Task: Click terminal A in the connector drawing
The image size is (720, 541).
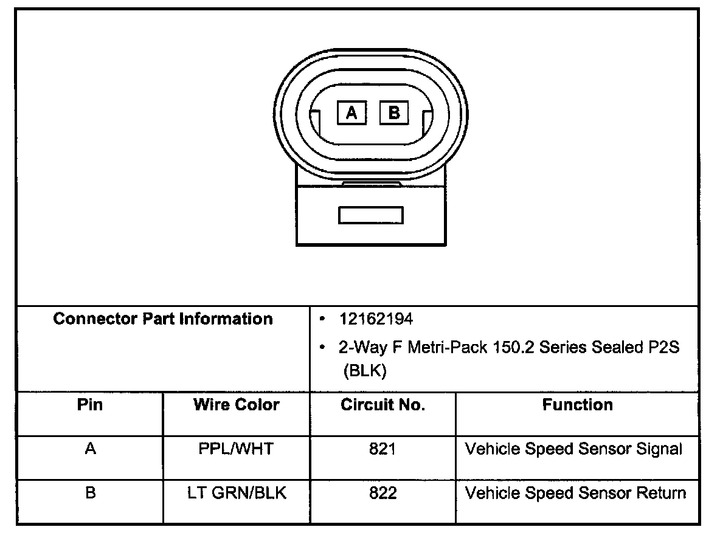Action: pos(352,112)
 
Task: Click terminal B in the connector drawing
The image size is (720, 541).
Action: pos(394,112)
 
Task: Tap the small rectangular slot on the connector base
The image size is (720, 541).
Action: pos(371,215)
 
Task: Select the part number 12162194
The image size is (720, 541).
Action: pos(376,319)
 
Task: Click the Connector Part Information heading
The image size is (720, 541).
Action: pos(163,319)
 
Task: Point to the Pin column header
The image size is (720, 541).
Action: pos(90,405)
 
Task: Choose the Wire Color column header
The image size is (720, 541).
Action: pos(236,405)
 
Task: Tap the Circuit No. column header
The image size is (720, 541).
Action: pos(382,405)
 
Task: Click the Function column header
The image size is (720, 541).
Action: pos(577,405)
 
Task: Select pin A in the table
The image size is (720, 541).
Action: pos(90,449)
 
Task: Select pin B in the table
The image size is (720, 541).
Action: pos(90,493)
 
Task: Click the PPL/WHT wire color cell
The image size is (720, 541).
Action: pos(236,449)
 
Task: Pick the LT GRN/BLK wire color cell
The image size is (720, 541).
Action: pos(236,493)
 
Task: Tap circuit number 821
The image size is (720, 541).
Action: pos(382,449)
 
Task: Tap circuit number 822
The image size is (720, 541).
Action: pos(382,493)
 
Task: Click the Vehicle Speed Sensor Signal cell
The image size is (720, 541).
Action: pos(573,449)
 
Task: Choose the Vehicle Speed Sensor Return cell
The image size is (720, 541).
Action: pos(575,493)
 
